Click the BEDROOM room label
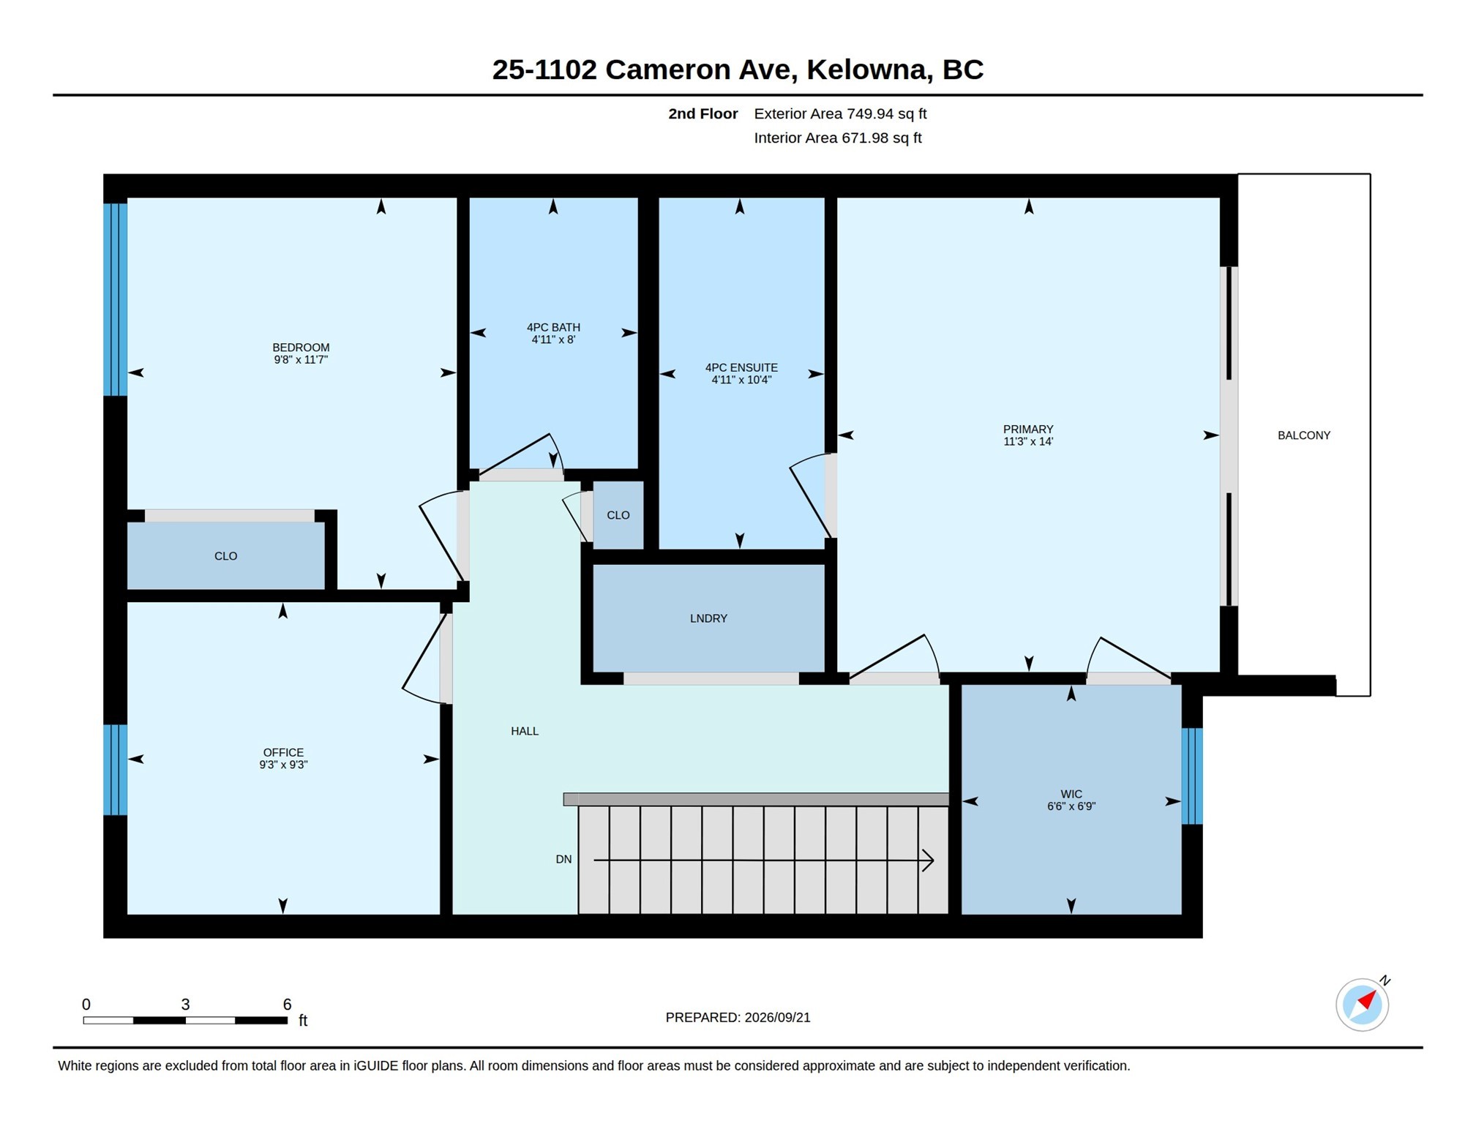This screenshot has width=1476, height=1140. click(301, 348)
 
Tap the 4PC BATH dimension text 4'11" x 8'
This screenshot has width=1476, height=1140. click(553, 340)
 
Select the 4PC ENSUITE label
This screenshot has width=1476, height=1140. click(741, 368)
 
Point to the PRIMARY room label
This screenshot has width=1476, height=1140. click(1028, 430)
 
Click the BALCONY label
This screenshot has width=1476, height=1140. click(1304, 435)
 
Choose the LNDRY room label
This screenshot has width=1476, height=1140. click(708, 618)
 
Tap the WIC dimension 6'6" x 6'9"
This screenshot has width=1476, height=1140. click(1071, 806)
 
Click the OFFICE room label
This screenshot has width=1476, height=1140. click(283, 752)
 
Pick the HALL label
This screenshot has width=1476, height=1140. click(525, 731)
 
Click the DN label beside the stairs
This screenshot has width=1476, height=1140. click(563, 859)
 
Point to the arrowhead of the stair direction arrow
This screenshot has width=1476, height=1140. click(929, 860)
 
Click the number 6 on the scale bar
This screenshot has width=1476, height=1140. click(288, 1005)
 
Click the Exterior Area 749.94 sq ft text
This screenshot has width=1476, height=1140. click(840, 113)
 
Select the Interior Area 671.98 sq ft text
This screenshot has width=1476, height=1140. click(838, 138)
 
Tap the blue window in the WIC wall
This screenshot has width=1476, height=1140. click(1192, 776)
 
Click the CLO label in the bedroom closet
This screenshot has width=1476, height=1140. click(225, 556)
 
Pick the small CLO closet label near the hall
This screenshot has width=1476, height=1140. click(618, 515)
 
